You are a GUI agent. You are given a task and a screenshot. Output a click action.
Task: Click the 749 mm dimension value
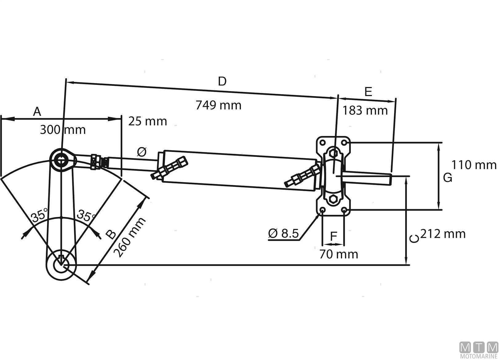click(x=218, y=105)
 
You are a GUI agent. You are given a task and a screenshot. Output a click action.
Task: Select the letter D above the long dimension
click(x=222, y=82)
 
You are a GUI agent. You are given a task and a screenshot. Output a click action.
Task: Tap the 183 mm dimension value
click(x=365, y=110)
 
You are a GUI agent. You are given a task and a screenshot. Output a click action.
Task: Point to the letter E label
click(x=368, y=92)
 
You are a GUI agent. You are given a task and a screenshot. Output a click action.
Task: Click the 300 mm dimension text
click(x=63, y=130)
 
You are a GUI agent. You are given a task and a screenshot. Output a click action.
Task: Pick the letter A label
click(x=37, y=112)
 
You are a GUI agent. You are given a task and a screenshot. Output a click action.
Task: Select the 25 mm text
click(x=147, y=121)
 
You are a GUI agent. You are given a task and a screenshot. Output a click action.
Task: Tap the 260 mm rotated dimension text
click(x=129, y=237)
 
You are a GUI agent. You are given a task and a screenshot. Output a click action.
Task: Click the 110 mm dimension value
click(x=474, y=165)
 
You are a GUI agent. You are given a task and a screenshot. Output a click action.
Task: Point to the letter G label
click(x=448, y=178)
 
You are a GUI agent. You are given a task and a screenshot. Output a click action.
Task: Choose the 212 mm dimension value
click(x=443, y=234)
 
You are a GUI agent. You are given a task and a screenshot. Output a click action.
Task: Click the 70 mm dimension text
click(x=338, y=254)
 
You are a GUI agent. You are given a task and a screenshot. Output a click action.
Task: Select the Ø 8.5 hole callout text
click(x=283, y=234)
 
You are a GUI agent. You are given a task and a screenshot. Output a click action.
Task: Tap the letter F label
click(x=334, y=237)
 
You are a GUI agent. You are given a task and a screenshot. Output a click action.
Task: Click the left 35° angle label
click(x=40, y=215)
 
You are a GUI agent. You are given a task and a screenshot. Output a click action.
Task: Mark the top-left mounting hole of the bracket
click(x=322, y=143)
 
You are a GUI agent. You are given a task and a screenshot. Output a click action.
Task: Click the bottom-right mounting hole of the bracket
click(x=344, y=210)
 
